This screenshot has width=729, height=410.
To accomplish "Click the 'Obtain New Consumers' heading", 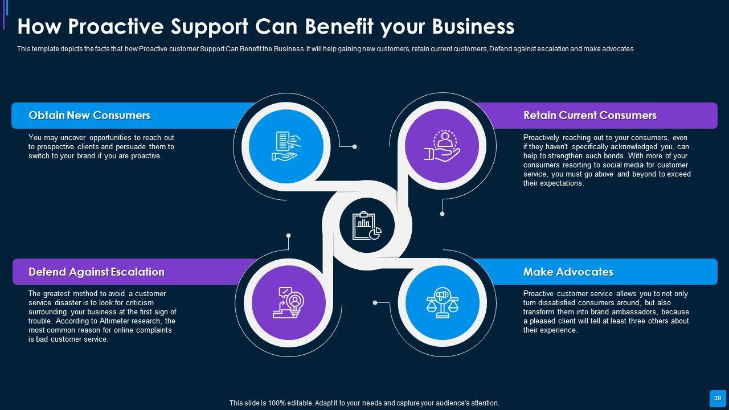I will click(89, 116).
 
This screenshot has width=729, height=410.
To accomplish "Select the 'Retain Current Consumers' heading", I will click(589, 116).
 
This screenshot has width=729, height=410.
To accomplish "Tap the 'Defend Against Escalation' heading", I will click(96, 272).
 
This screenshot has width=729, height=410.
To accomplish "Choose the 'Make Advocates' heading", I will click(568, 272).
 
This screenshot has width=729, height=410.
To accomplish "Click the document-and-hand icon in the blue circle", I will click(286, 146).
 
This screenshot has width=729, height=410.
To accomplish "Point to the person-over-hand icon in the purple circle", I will click(441, 146).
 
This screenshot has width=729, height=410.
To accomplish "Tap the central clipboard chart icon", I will click(367, 225).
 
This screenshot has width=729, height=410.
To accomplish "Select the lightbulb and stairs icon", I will click(289, 302).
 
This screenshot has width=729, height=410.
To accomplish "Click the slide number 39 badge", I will click(718, 398).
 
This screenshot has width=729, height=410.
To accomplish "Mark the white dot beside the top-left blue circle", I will click(354, 147).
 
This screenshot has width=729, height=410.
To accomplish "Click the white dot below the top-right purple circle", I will click(442, 214).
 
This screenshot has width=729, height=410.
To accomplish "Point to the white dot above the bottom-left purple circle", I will click(288, 235).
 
